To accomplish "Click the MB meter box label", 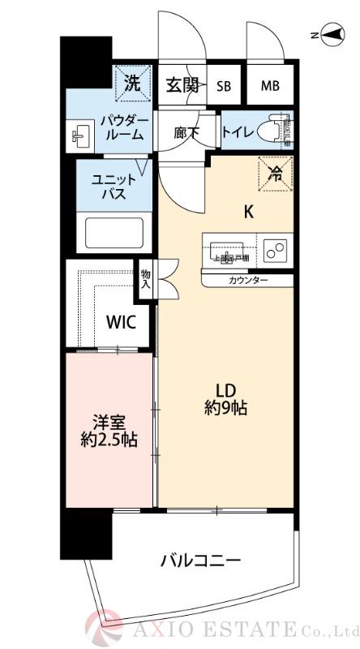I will pos(269,86).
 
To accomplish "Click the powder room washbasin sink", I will pos(82,134).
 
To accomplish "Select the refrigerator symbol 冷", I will pos(276,172).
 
